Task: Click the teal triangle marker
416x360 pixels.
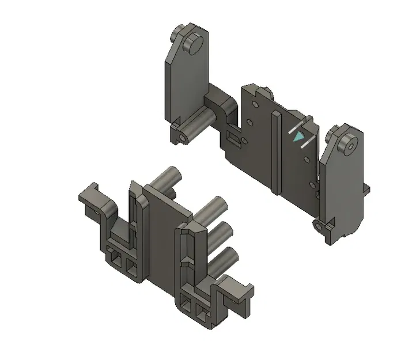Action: (x=298, y=138)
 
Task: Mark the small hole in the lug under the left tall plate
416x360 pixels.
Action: (x=183, y=138)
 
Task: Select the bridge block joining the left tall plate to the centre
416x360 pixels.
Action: (x=222, y=104)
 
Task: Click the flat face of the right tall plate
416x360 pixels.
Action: (x=340, y=184)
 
